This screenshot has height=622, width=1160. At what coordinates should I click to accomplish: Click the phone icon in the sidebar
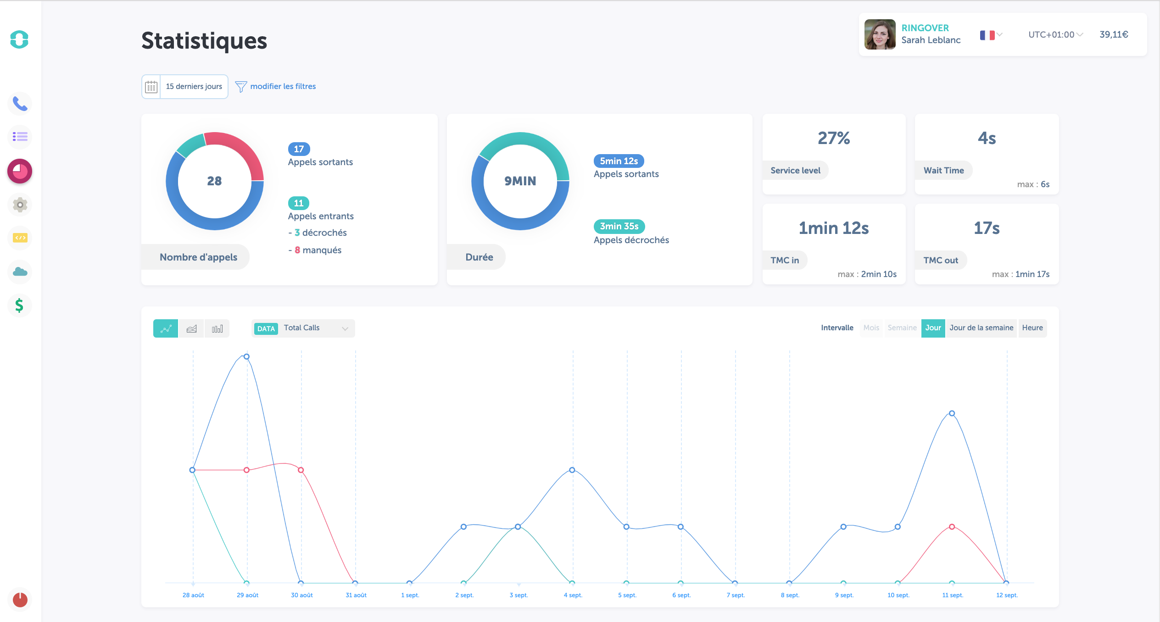20,104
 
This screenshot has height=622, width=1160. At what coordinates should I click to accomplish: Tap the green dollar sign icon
19,305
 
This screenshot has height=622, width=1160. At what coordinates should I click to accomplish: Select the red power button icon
20,600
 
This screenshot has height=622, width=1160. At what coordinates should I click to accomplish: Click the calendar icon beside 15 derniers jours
151,87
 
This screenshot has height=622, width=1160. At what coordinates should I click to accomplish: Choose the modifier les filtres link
283,86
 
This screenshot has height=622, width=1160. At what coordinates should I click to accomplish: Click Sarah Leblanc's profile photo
880,34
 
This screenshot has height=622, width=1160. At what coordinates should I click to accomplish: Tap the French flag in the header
987,35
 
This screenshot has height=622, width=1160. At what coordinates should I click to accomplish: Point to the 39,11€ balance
1114,34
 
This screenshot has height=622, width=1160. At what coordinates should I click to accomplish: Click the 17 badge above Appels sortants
299,149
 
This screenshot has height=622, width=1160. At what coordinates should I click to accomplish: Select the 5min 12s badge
619,161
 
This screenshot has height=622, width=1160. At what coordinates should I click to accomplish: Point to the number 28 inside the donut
214,181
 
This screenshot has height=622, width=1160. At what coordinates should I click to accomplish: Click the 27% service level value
834,138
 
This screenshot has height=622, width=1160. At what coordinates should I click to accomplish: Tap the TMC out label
941,260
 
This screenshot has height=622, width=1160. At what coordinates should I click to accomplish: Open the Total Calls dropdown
303,328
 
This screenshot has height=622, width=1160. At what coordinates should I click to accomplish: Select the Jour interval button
933,328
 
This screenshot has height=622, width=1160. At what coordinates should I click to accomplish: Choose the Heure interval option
1032,328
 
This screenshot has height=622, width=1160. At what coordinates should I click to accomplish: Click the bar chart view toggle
217,328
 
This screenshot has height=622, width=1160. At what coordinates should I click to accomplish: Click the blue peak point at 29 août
247,356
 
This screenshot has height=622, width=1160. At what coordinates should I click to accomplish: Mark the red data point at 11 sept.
952,527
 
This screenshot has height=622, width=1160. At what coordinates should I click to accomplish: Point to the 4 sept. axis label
573,595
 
